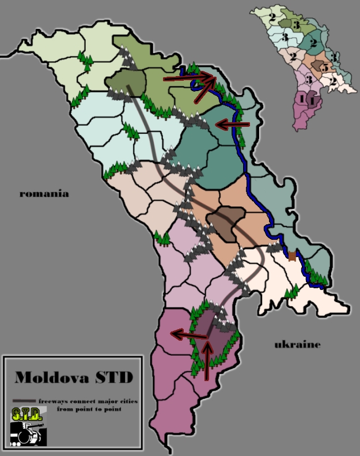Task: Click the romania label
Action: tap(44, 194)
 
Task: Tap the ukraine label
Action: tap(297, 345)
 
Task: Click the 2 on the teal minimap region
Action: tap(313, 43)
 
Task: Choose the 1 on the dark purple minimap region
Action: tap(311, 100)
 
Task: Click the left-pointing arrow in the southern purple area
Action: tap(188, 334)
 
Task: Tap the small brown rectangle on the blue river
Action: tap(292, 255)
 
